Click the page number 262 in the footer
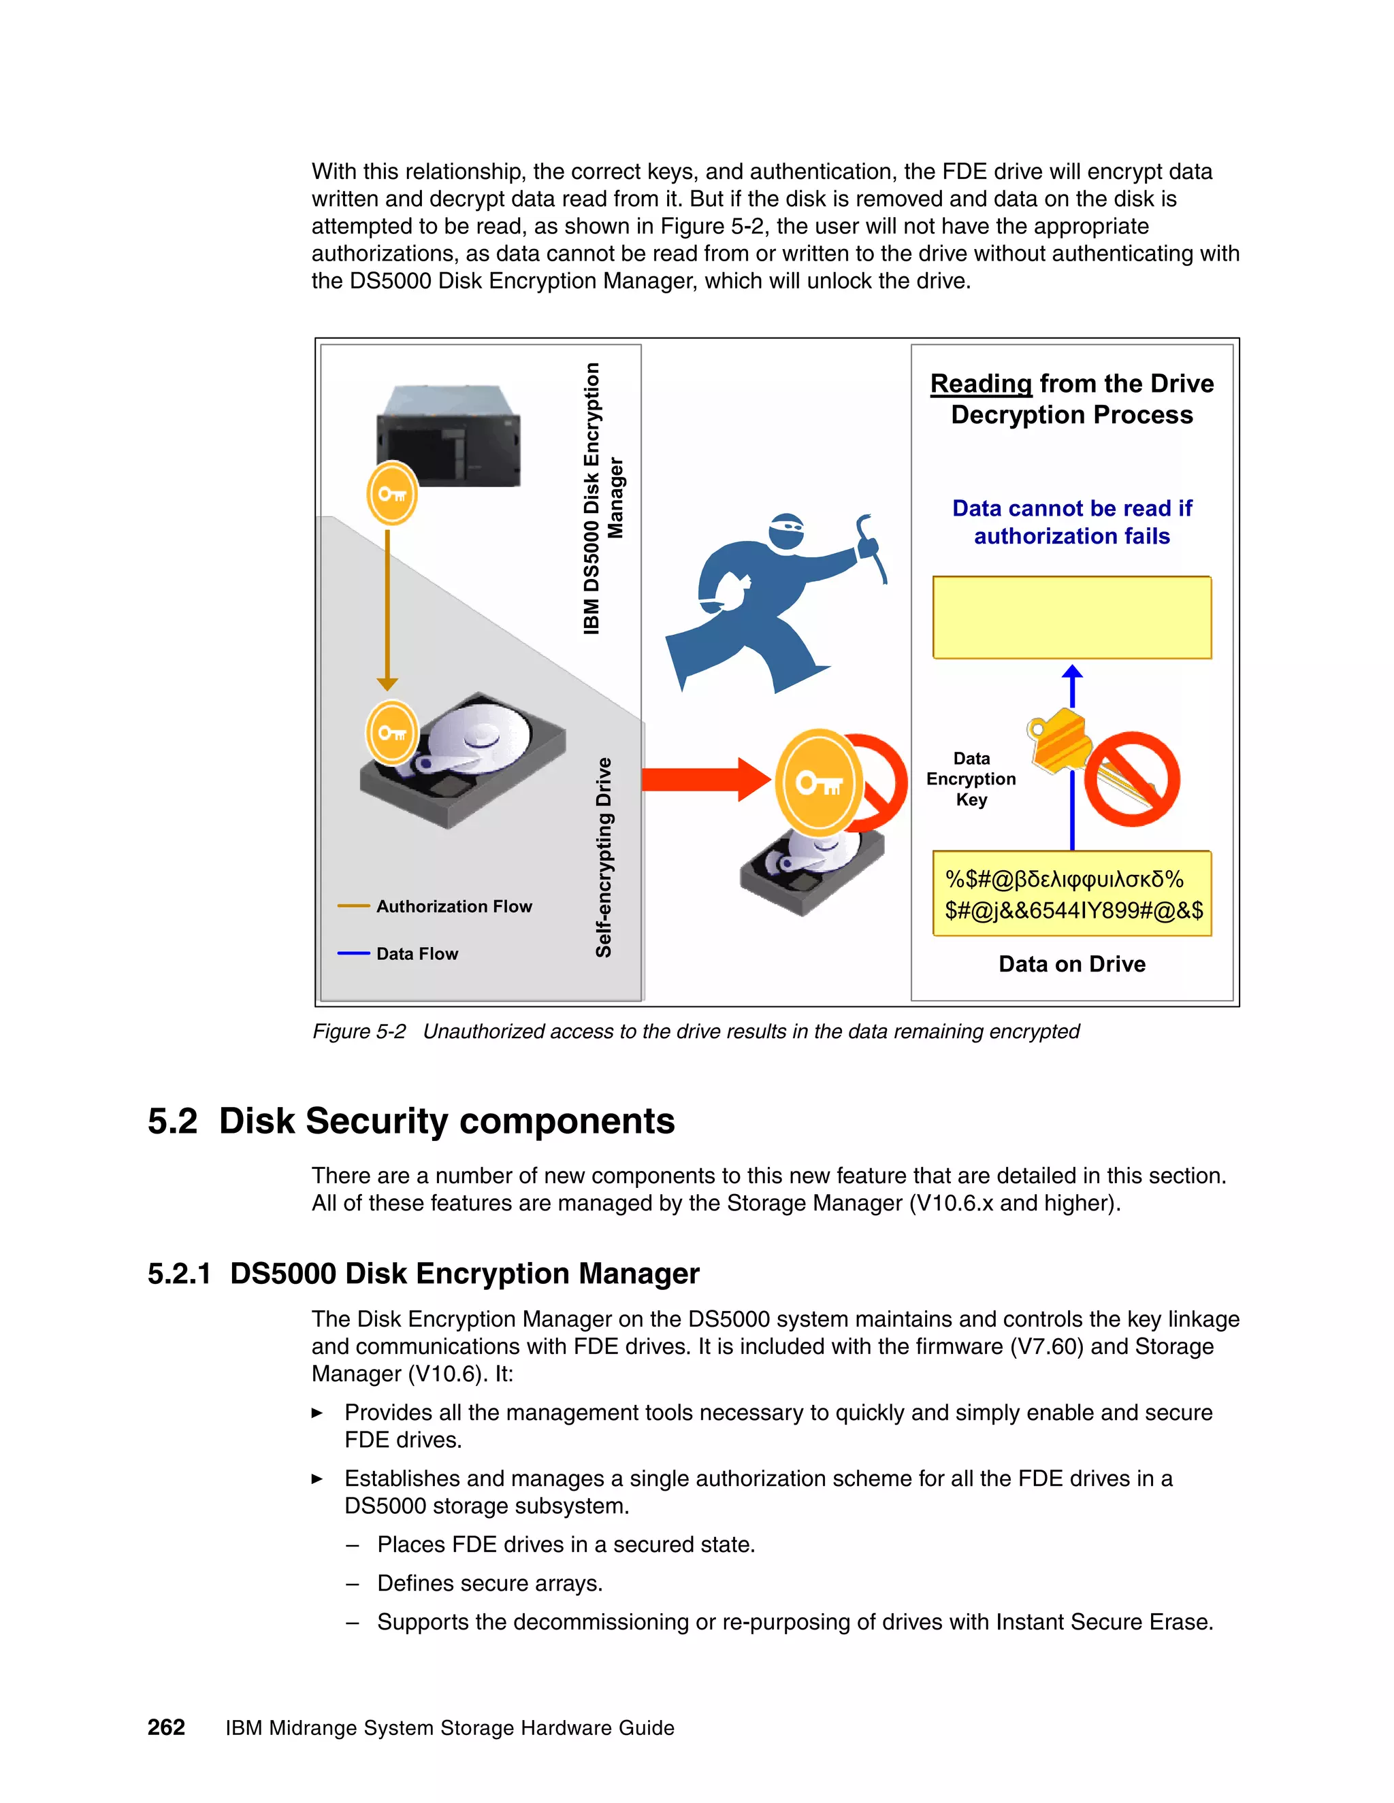point(166,1727)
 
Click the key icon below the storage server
point(391,494)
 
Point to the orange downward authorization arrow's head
point(387,684)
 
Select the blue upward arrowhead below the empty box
point(1072,673)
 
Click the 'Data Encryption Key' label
point(971,778)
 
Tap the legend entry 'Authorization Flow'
point(453,906)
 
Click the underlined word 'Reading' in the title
point(980,384)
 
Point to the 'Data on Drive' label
point(1071,963)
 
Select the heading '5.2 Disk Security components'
point(410,1121)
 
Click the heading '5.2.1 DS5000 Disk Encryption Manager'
point(423,1273)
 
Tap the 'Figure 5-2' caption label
point(359,1031)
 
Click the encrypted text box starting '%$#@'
point(1071,894)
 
